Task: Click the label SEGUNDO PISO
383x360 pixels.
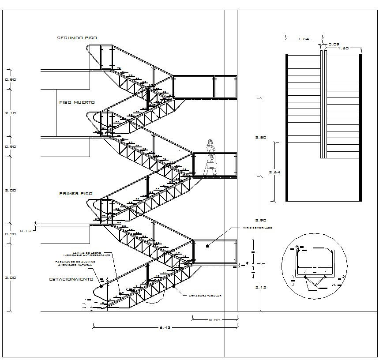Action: click(77, 38)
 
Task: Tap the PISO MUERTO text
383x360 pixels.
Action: click(77, 102)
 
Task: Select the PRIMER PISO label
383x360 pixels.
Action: click(76, 194)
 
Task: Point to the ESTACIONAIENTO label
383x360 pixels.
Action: click(71, 279)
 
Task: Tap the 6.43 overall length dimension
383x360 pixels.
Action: click(165, 328)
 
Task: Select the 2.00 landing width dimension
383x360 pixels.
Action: click(216, 319)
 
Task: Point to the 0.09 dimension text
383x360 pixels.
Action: click(334, 44)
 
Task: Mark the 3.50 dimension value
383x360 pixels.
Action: click(261, 138)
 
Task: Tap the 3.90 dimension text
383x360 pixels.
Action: click(261, 220)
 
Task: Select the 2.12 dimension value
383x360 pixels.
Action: click(261, 287)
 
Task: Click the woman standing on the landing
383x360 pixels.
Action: click(211, 158)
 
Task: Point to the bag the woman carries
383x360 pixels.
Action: click(212, 166)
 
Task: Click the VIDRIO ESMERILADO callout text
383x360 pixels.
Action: click(257, 228)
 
